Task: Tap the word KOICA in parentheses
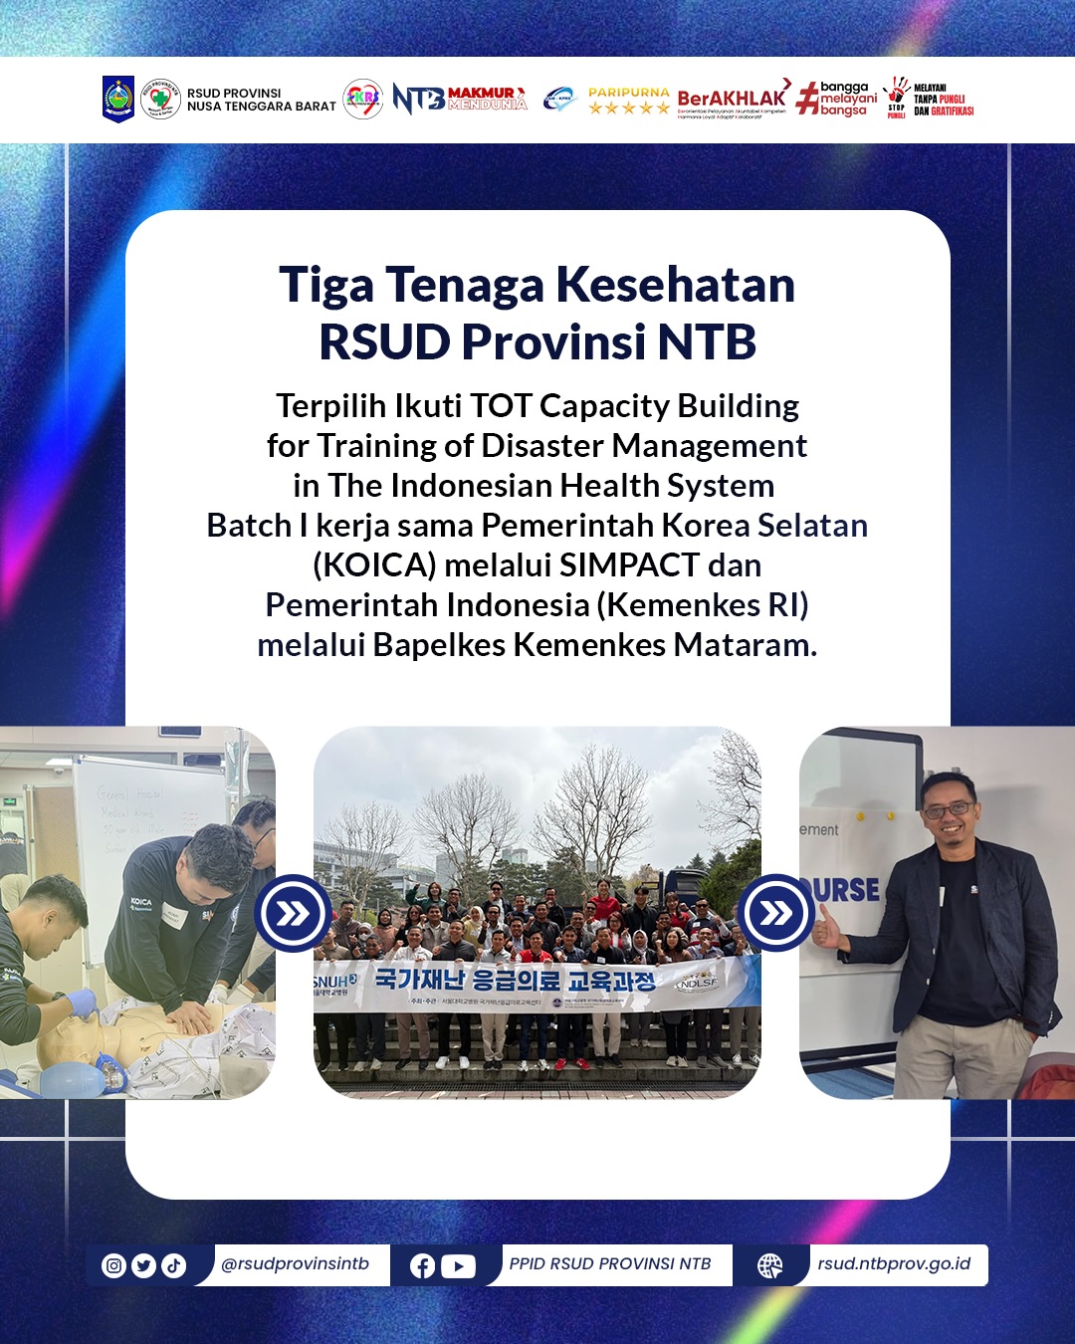[x=374, y=565]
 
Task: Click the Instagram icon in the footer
[x=114, y=1265]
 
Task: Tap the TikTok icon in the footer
[x=174, y=1265]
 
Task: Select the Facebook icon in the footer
[x=422, y=1265]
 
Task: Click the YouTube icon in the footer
[x=458, y=1265]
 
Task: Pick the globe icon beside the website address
[x=770, y=1265]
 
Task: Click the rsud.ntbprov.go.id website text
[x=894, y=1263]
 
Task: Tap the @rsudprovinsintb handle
[x=295, y=1263]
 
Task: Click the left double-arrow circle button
[x=293, y=913]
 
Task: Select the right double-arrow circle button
[x=776, y=913]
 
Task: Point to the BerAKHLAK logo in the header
[x=733, y=99]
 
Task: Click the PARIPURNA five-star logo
[x=629, y=101]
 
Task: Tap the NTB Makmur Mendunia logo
[x=460, y=99]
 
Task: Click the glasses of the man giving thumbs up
[x=948, y=810]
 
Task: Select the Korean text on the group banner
[x=515, y=980]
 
